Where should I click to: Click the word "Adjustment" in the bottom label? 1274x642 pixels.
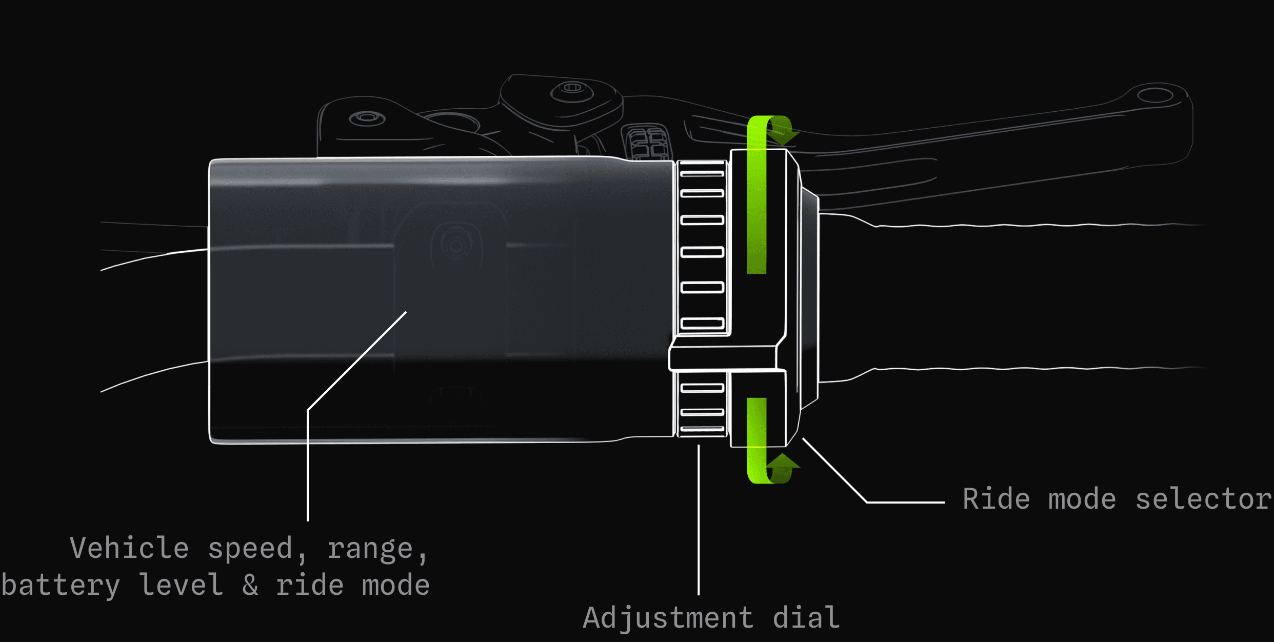pyautogui.click(x=668, y=618)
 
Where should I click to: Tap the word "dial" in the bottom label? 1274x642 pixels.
pyautogui.click(x=806, y=618)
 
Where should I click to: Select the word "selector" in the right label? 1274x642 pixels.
pyautogui.click(x=1204, y=499)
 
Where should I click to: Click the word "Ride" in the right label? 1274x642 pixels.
pyautogui.click(x=996, y=499)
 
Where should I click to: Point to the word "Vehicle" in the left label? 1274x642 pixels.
pyautogui.click(x=129, y=548)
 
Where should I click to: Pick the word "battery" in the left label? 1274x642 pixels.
pyautogui.click(x=61, y=586)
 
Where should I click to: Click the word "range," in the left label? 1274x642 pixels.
pyautogui.click(x=377, y=549)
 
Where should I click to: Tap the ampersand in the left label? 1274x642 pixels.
pyautogui.click(x=250, y=586)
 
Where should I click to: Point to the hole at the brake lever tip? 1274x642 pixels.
pyautogui.click(x=1155, y=95)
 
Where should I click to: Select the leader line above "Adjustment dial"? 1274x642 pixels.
pyautogui.click(x=699, y=518)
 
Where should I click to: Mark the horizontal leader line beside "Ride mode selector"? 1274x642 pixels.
pyautogui.click(x=905, y=502)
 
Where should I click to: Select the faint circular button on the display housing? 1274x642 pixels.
pyautogui.click(x=455, y=246)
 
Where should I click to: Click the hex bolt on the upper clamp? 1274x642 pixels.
pyautogui.click(x=572, y=88)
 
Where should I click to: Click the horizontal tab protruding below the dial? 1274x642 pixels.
pyautogui.click(x=723, y=358)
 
